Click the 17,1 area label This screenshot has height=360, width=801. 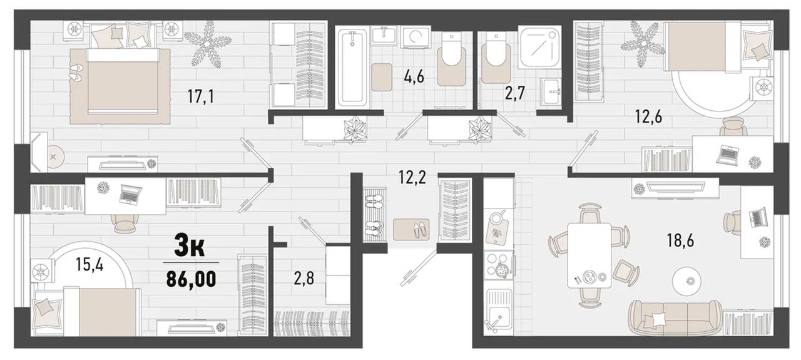tap(201, 96)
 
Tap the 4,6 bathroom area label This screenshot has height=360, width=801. tap(414, 76)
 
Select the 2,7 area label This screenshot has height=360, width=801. tap(514, 93)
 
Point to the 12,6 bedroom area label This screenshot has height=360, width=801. tap(648, 116)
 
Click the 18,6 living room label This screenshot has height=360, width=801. tap(680, 240)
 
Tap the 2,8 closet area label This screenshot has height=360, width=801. tap(304, 278)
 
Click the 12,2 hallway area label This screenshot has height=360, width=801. tap(412, 177)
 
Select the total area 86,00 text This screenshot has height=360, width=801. tap(191, 279)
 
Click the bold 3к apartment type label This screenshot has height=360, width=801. tap(190, 246)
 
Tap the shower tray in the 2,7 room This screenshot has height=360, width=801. tap(540, 46)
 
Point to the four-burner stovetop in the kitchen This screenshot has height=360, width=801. tap(498, 265)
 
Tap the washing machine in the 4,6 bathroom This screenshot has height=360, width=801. tap(416, 36)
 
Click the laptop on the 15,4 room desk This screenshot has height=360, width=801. tap(130, 194)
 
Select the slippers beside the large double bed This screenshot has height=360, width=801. tap(76, 72)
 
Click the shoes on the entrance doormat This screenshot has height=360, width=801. tap(421, 230)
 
